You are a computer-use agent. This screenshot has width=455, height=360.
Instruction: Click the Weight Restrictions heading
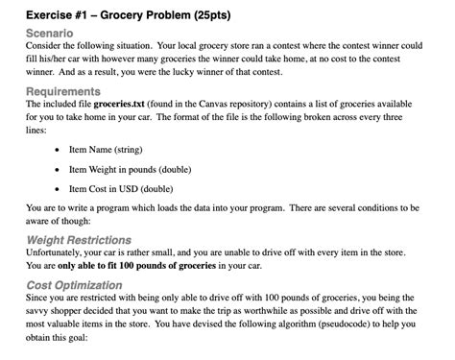click(80, 238)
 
